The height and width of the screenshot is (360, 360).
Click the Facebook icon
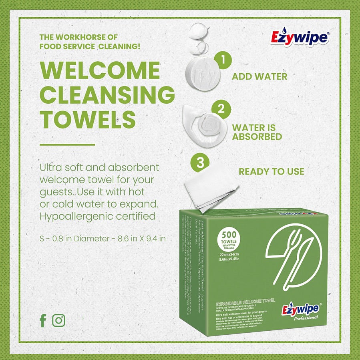tap(43, 320)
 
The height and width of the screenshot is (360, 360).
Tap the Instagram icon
tap(59, 320)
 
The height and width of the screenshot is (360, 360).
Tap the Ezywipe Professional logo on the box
tap(300, 311)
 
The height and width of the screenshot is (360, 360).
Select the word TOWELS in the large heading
tap(88, 119)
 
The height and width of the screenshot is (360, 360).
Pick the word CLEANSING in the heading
tap(107, 95)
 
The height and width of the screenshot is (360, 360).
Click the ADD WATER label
tap(259, 76)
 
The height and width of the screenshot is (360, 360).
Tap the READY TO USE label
tap(272, 172)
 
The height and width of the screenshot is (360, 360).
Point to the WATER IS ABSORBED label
tap(257, 132)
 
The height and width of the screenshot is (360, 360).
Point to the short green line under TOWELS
tap(67, 145)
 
